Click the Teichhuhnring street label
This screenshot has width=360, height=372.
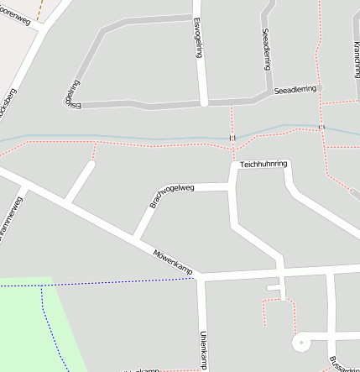pos(263,163)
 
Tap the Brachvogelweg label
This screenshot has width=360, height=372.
pos(171,196)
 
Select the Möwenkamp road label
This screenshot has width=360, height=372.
pos(173,262)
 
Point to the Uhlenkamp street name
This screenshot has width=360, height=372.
pos(203,350)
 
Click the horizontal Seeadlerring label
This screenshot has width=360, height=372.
pos(296,90)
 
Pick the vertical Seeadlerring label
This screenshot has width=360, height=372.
pos(266,48)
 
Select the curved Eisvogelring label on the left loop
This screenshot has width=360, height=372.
pos(73,94)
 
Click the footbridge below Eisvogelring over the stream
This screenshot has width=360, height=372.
pos(232,137)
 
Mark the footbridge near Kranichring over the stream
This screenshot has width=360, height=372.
pos(321,127)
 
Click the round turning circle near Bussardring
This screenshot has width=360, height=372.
pos(300,343)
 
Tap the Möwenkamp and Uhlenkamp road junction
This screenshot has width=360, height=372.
pos(201,277)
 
